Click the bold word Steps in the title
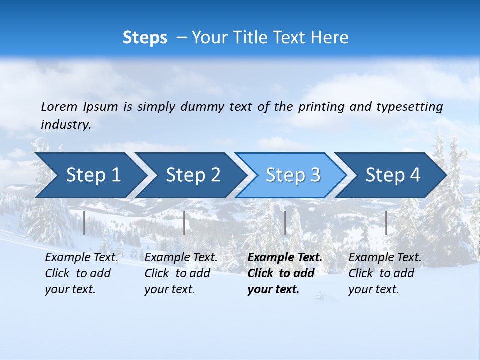click(x=145, y=38)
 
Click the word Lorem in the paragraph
click(x=59, y=107)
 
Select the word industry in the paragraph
click(x=66, y=125)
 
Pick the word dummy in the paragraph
click(x=202, y=107)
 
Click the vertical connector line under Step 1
click(x=84, y=223)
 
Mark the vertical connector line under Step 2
click(x=184, y=223)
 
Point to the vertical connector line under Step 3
click(x=285, y=223)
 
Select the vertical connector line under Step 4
click(x=386, y=223)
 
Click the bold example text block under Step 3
click(x=285, y=273)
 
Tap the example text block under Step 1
click(x=81, y=273)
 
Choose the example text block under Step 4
click(x=385, y=273)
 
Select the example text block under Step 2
click(x=181, y=273)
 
